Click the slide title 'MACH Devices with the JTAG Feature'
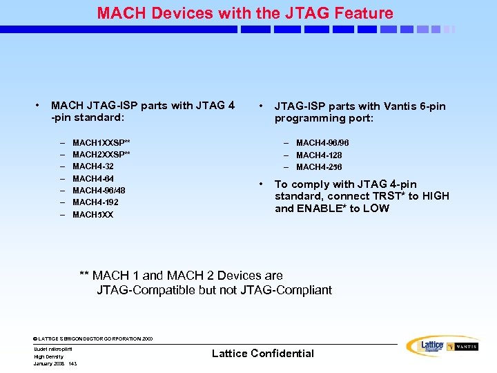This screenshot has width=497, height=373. tap(245, 13)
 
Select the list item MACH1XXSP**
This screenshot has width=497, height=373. tap(101, 142)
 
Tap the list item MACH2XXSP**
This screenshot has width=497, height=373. tap(101, 153)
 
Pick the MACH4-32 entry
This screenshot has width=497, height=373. tap(93, 166)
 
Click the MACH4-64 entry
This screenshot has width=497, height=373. tap(93, 178)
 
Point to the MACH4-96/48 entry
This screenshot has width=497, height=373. tap(99, 190)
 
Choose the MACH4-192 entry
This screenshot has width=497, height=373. tap(95, 202)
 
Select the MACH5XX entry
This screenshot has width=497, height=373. tap(92, 215)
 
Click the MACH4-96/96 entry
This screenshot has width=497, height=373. tap(322, 143)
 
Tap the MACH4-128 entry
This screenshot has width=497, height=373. tap(319, 155)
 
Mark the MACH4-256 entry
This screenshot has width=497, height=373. tap(319, 167)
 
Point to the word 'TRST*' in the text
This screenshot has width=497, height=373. tap(389, 196)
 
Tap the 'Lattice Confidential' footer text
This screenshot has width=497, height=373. tap(262, 354)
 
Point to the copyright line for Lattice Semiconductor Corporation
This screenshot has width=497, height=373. tap(93, 339)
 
